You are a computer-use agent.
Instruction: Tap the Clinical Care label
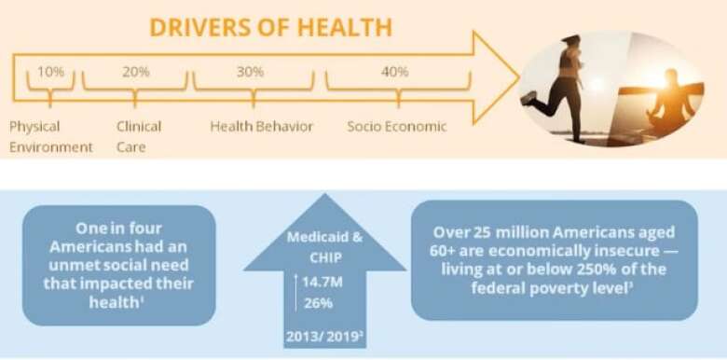(x=139, y=136)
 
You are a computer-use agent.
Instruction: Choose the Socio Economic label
(x=397, y=126)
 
